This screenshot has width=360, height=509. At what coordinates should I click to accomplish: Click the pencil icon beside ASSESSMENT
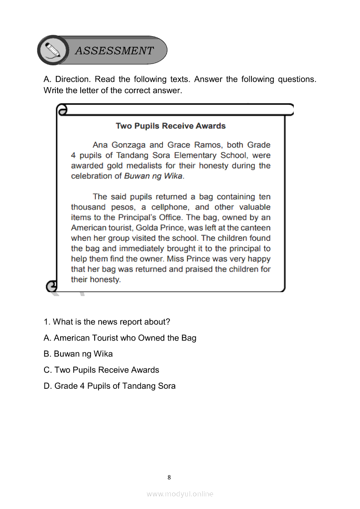click(x=53, y=50)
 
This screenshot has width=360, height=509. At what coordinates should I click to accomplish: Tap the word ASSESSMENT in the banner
click(x=114, y=51)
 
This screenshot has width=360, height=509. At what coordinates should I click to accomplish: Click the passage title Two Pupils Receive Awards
click(x=170, y=126)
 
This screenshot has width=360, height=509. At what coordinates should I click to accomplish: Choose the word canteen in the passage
click(x=255, y=228)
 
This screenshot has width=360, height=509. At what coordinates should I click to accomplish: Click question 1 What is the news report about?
click(x=107, y=322)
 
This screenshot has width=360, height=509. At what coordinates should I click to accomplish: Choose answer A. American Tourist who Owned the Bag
click(x=120, y=338)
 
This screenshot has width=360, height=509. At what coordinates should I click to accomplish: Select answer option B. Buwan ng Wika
click(x=78, y=354)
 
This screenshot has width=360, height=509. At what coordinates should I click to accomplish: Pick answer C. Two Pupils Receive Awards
click(x=102, y=370)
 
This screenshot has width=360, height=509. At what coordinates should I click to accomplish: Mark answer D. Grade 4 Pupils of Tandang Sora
click(x=109, y=386)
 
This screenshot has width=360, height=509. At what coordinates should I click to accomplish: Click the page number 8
click(x=169, y=477)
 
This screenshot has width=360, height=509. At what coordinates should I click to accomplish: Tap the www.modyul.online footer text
click(x=180, y=494)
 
